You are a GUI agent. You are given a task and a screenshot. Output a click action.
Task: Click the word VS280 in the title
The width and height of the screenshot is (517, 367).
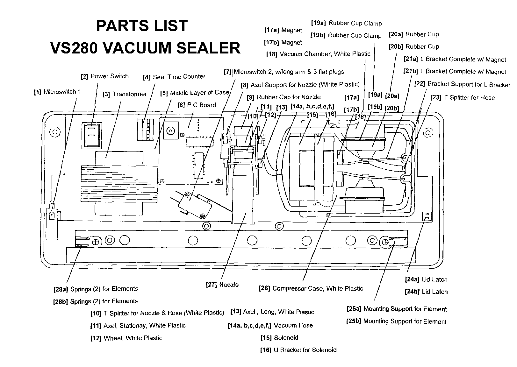[74, 48]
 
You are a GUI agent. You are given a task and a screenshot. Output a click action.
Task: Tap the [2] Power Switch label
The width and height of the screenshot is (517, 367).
[105, 76]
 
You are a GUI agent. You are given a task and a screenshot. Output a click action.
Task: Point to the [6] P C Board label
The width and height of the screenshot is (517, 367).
[197, 105]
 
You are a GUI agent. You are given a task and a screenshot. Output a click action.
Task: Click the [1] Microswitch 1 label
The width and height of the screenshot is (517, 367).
[57, 92]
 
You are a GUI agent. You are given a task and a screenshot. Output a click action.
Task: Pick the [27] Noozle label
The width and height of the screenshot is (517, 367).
[222, 285]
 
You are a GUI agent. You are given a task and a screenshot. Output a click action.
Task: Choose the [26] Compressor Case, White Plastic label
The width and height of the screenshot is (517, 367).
[311, 289]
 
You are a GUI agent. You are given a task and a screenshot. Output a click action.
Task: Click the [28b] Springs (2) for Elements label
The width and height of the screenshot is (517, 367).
[96, 301]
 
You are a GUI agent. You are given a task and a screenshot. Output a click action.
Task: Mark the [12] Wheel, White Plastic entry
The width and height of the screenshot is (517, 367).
[126, 338]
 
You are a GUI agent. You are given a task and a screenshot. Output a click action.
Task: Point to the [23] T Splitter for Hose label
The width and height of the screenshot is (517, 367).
[463, 98]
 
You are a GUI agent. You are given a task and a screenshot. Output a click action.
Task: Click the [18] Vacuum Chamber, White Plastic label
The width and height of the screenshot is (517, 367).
[318, 54]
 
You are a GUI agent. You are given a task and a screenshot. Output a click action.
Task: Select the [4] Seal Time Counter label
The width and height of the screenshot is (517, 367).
[174, 77]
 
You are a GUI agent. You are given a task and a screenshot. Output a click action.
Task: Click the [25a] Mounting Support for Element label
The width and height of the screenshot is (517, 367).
[397, 309]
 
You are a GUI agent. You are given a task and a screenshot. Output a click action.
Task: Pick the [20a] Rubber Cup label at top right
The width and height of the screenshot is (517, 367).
[414, 34]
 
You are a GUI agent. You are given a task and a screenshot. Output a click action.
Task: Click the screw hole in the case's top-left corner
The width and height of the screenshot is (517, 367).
[55, 131]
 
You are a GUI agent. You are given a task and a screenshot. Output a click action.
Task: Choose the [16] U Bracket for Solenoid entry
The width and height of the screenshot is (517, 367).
[298, 350]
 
